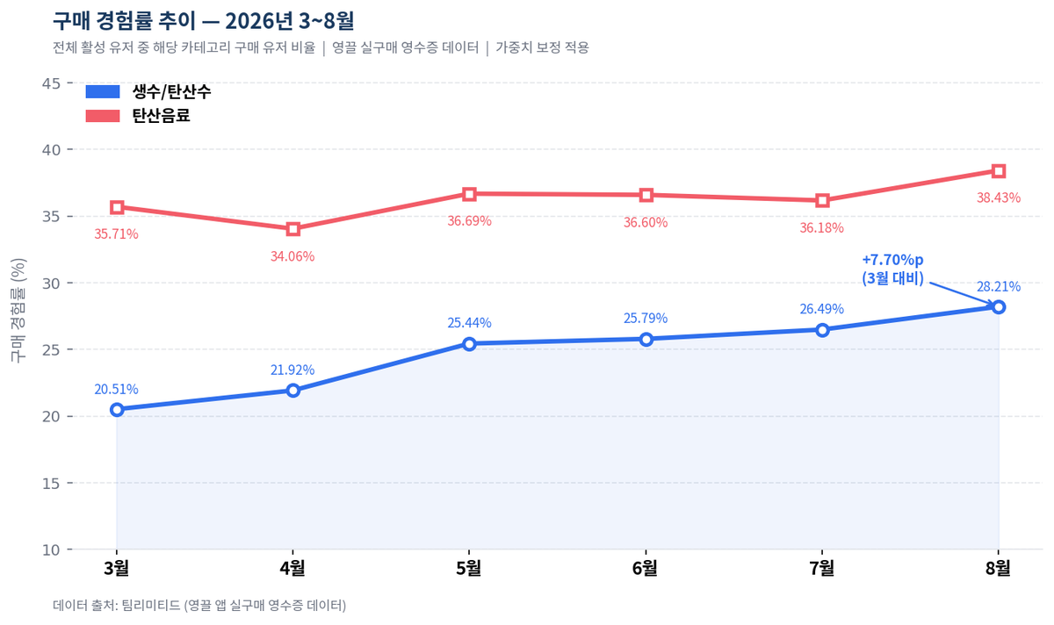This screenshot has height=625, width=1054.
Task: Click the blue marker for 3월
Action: click(117, 410)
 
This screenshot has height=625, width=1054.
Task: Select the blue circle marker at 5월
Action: click(469, 344)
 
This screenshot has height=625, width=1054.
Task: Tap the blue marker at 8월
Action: click(999, 307)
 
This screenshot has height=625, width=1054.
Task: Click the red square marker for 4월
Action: click(293, 229)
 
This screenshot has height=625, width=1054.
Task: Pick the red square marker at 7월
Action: click(822, 201)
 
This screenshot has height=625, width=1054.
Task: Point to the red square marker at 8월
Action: click(999, 171)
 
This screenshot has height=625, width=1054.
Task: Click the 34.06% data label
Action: click(292, 256)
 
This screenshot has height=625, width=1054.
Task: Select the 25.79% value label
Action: click(646, 319)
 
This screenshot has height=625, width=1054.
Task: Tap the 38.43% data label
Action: click(999, 198)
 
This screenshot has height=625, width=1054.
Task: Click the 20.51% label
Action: click(116, 390)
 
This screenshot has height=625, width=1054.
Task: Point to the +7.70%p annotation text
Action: click(892, 260)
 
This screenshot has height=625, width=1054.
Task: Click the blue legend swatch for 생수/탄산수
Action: click(103, 91)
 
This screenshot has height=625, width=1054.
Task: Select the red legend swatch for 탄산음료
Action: click(103, 116)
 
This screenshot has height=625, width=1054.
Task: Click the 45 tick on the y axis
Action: click(51, 83)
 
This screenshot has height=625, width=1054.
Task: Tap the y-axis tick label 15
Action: click(51, 484)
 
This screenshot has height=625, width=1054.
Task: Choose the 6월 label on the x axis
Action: click(645, 569)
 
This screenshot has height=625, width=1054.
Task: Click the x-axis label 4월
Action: click(292, 569)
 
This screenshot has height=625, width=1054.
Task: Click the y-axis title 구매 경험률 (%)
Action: click(18, 311)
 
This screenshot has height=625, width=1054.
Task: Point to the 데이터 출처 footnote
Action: click(199, 605)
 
